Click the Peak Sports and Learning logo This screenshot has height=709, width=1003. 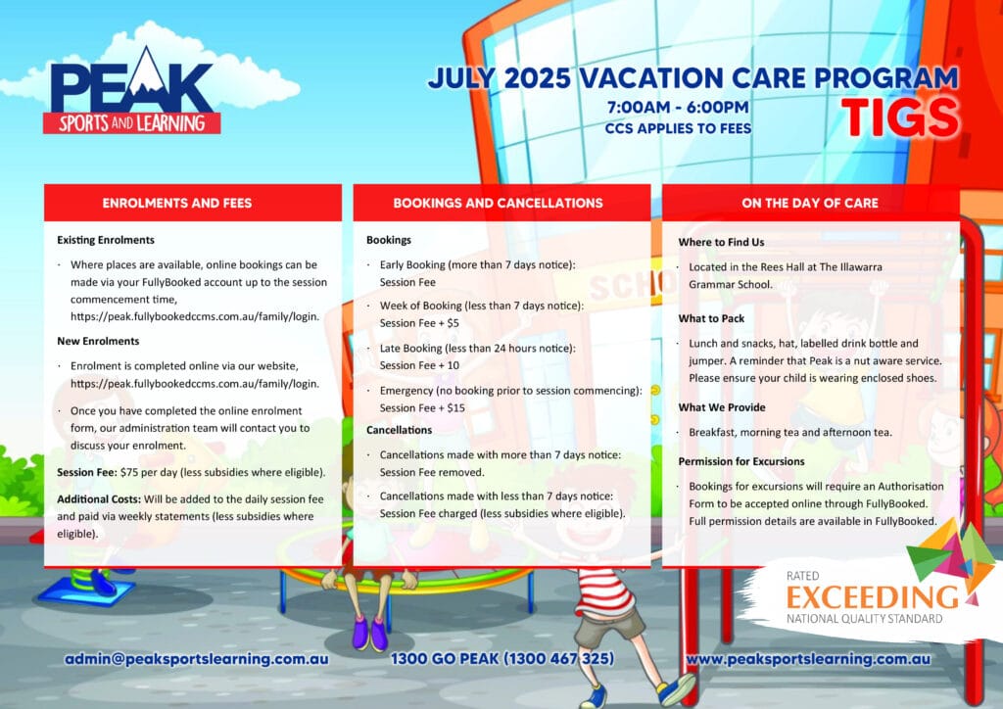click(x=132, y=91)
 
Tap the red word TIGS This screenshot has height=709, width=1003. click(x=900, y=118)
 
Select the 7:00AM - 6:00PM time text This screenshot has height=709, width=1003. click(x=678, y=107)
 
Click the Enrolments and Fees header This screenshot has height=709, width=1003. click(x=177, y=204)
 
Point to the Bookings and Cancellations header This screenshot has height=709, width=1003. click(x=498, y=204)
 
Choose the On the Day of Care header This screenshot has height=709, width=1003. click(x=810, y=204)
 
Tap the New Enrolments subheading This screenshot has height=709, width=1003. click(x=98, y=342)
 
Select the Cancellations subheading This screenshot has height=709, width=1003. click(x=400, y=430)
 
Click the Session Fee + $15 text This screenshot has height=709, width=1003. click(x=422, y=408)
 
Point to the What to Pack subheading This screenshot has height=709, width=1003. click(x=711, y=318)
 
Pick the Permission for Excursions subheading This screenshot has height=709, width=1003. click(x=741, y=461)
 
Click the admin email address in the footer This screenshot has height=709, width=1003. click(x=196, y=659)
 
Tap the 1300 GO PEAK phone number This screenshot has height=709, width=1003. click(x=502, y=659)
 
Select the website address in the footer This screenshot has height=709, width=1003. click(x=808, y=659)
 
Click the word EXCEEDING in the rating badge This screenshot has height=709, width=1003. click(x=873, y=597)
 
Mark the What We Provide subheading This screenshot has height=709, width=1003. click(x=722, y=408)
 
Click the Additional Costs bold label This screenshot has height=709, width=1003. click(x=99, y=499)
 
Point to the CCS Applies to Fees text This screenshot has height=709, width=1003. click(x=678, y=128)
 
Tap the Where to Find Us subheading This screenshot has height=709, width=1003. click(x=721, y=242)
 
